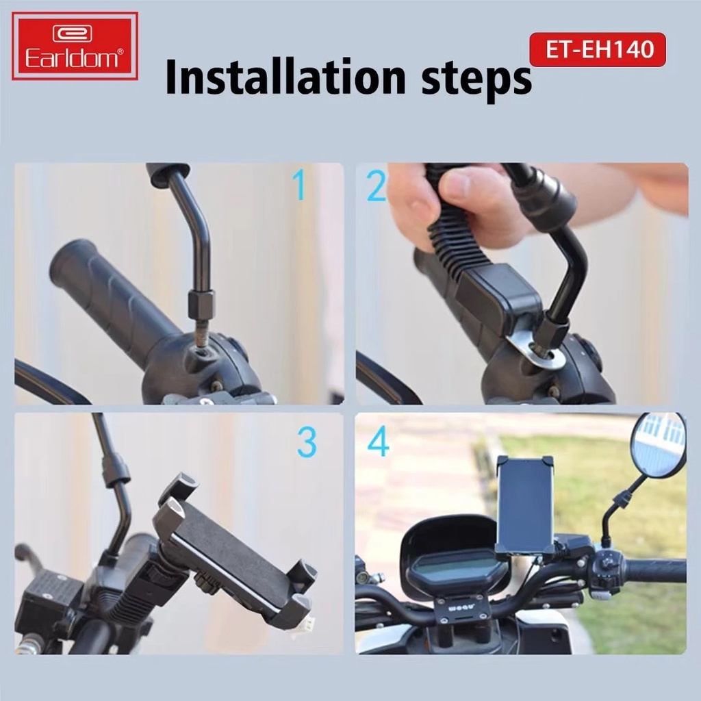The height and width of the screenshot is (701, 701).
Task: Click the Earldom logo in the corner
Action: click(x=75, y=46)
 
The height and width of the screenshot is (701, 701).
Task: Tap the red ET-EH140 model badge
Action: click(x=597, y=49)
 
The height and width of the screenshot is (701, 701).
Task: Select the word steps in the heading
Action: click(x=472, y=78)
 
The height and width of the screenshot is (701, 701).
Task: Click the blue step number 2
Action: click(x=376, y=186)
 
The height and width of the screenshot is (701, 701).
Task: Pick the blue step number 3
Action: click(x=307, y=443)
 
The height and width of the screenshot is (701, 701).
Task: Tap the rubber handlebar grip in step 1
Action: click(x=103, y=295)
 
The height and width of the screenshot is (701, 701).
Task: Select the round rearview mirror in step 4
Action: click(x=657, y=445)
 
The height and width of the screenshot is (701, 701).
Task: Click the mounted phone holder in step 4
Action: click(x=525, y=503)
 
